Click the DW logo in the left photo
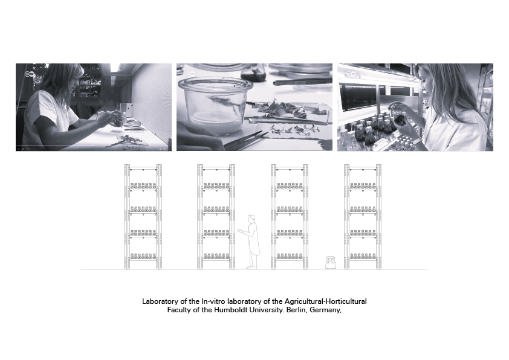tap(29, 74)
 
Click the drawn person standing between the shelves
tap(250, 242)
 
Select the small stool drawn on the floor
tap(331, 262)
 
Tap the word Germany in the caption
tap(325, 310)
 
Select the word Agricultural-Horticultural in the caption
tap(326, 301)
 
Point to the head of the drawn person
tap(251, 219)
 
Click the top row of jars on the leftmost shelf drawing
tap(143, 186)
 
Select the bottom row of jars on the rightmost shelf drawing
tap(363, 256)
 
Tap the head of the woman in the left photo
tap(63, 78)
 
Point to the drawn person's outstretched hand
tap(239, 231)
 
